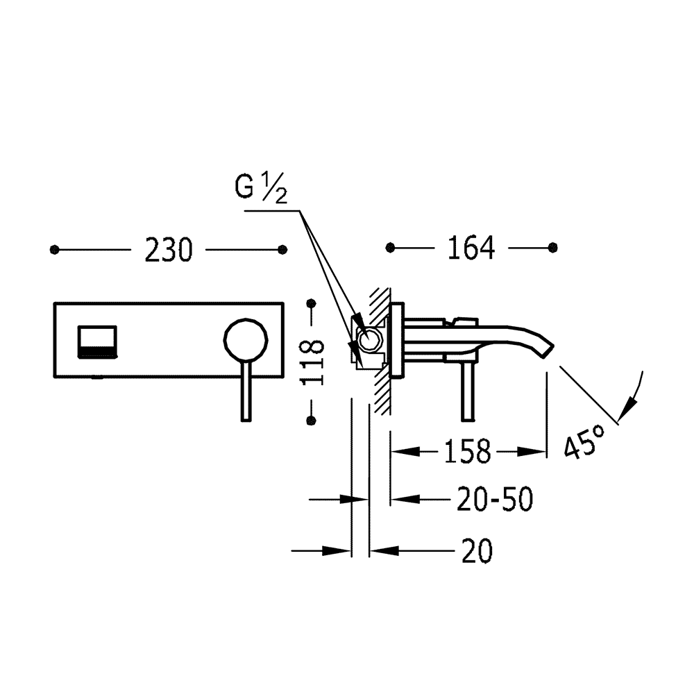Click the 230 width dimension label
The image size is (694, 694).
(x=169, y=250)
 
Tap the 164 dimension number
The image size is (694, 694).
(x=471, y=248)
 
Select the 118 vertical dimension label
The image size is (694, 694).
(x=312, y=362)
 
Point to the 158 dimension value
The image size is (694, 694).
(x=467, y=452)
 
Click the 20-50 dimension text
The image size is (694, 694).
(x=495, y=499)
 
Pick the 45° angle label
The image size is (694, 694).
(x=584, y=441)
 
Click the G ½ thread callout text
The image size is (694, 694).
(x=261, y=187)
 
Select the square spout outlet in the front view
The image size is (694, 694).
(x=97, y=341)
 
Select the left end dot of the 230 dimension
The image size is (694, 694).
(x=54, y=250)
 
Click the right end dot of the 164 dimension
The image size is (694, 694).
(x=553, y=248)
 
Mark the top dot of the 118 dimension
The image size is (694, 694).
(x=312, y=304)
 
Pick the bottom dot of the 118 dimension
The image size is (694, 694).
(x=312, y=420)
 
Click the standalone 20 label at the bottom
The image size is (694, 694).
(x=477, y=551)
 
